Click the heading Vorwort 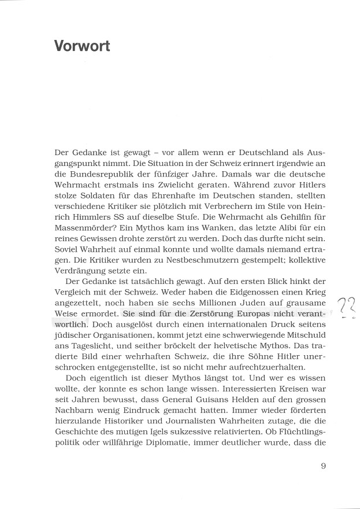81,46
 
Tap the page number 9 324,465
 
